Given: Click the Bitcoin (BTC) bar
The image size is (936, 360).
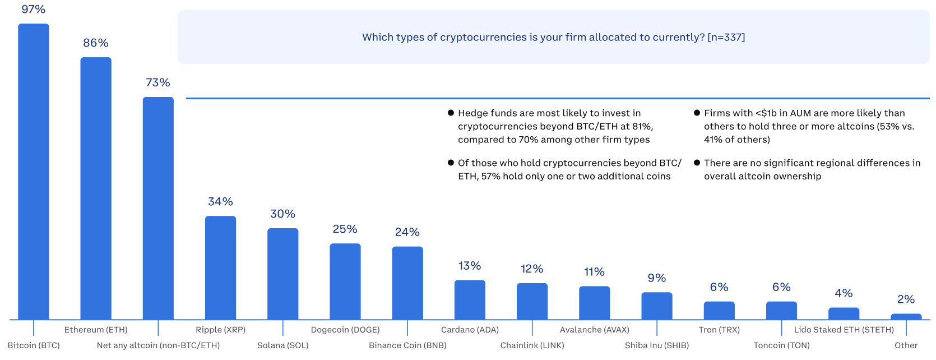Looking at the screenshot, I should [x=34, y=171].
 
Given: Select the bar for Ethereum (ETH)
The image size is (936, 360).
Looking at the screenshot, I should [x=96, y=188].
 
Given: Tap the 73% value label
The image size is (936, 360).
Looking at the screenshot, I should [x=157, y=82].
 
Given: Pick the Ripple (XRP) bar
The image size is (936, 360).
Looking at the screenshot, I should [x=220, y=267].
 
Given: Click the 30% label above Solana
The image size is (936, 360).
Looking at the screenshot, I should [x=282, y=214].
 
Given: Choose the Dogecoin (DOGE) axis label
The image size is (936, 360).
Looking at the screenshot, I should [x=345, y=330].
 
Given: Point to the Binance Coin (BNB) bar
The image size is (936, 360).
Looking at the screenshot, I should [x=407, y=283].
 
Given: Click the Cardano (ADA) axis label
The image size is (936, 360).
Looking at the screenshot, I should [x=470, y=330].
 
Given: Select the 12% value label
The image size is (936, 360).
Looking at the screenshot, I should [x=532, y=269].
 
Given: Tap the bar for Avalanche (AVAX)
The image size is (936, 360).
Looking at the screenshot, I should [x=594, y=303].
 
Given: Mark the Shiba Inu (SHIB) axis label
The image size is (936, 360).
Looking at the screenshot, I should [x=657, y=345].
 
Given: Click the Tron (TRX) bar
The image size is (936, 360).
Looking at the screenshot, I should [x=719, y=311].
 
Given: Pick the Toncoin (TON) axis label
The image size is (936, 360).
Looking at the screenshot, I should [x=781, y=345].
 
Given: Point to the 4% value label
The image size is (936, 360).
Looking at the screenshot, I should [x=844, y=293].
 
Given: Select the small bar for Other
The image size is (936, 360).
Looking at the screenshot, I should [x=906, y=317].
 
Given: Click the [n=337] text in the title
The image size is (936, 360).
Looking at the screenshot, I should [x=726, y=38].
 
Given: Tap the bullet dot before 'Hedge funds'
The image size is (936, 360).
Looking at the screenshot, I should [x=451, y=113].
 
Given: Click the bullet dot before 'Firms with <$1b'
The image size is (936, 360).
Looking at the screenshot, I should [x=697, y=113].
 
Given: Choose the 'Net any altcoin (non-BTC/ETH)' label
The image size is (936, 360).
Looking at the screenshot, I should [x=158, y=345].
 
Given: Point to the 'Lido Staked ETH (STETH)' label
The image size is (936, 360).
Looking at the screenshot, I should [x=844, y=330].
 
